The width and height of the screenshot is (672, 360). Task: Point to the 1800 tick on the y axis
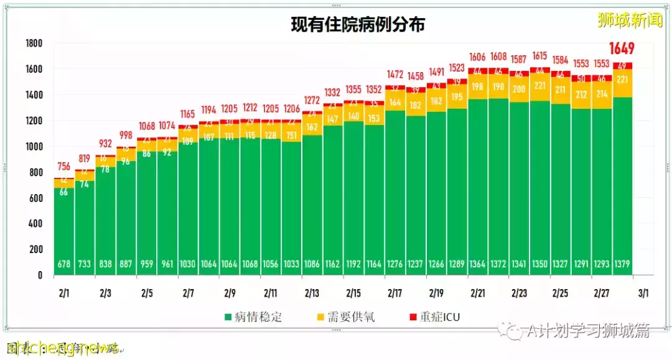tap(34, 44)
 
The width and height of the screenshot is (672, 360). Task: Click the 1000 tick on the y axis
tap(34, 147)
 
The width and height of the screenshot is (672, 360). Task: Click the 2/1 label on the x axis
tap(64, 292)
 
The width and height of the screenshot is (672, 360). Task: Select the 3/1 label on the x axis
tap(643, 292)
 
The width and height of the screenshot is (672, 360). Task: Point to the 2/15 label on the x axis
tap(353, 292)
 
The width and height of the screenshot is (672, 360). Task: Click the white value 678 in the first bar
tap(64, 264)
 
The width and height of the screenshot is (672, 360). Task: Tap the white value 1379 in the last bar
tap(622, 264)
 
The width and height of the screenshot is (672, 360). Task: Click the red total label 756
tap(64, 166)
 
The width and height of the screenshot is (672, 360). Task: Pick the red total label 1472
tap(394, 74)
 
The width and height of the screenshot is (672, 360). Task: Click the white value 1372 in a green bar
tap(498, 264)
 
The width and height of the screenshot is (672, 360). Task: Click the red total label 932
tap(105, 144)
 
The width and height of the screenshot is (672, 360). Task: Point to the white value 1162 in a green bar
tap(333, 264)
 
